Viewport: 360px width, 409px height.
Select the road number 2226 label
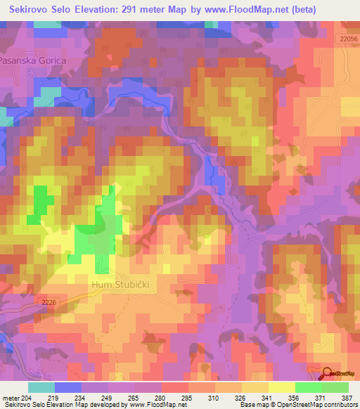point(49,304)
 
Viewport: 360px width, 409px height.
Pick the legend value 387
point(347,397)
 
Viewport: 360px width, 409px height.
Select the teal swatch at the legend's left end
point(41,387)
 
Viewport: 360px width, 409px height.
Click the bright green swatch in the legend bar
point(308,387)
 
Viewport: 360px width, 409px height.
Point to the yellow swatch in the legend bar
point(281,387)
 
